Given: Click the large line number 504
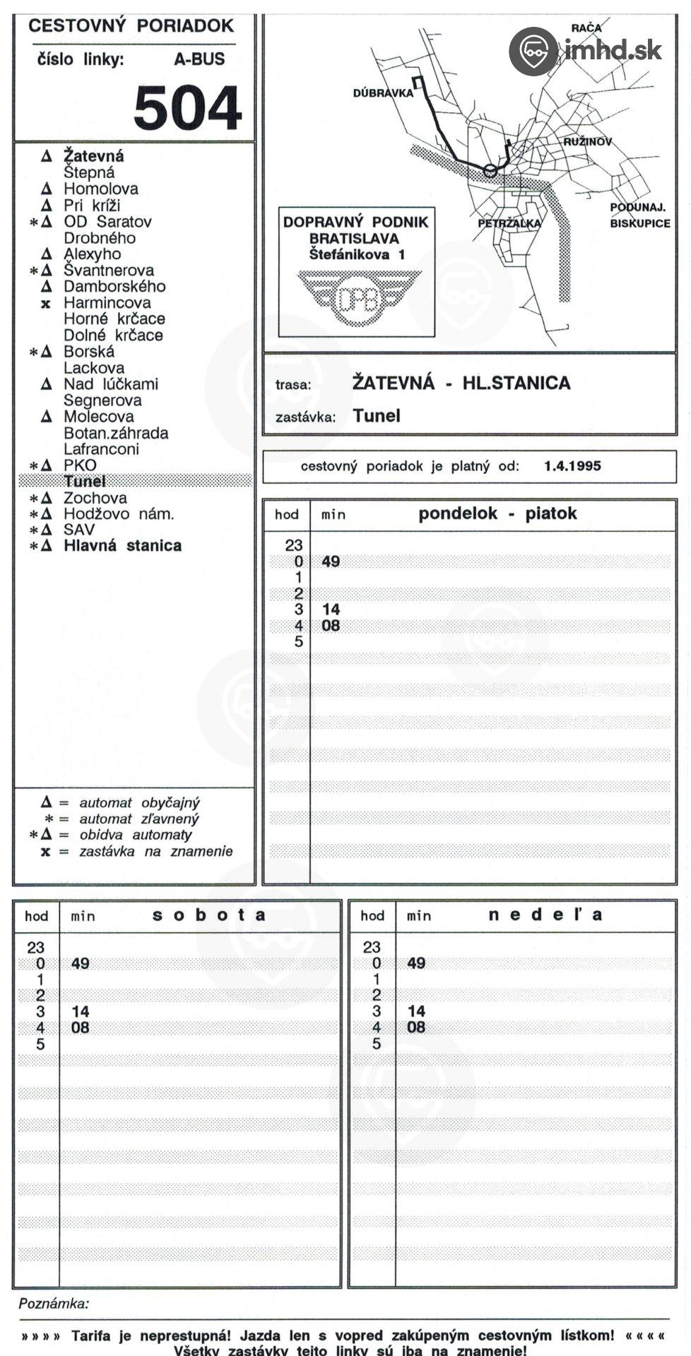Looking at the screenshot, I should pyautogui.click(x=187, y=108).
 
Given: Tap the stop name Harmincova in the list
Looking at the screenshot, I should pyautogui.click(x=107, y=303).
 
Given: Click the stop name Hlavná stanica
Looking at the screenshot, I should pyautogui.click(x=122, y=546).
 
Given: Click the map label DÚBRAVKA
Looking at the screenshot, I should pyautogui.click(x=382, y=93).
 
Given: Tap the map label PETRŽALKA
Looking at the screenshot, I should pyautogui.click(x=509, y=223).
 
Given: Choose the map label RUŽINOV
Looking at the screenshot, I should pyautogui.click(x=587, y=142).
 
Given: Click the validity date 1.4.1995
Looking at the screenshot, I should pyautogui.click(x=572, y=466).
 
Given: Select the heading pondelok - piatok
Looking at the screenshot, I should pyautogui.click(x=497, y=513).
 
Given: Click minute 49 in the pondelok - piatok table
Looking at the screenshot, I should pyautogui.click(x=331, y=562).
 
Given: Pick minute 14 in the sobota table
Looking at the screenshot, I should pyautogui.click(x=81, y=1012).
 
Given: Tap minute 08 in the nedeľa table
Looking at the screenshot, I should pyautogui.click(x=416, y=1028).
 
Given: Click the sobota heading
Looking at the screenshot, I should pyautogui.click(x=209, y=915).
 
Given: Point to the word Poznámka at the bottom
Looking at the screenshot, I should pyautogui.click(x=54, y=1304).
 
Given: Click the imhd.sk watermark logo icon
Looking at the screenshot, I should pyautogui.click(x=533, y=51).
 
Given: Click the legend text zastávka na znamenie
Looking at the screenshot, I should pyautogui.click(x=155, y=852).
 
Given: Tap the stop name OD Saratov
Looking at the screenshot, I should pyautogui.click(x=107, y=222).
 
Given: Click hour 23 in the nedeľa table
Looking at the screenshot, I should pyautogui.click(x=371, y=947).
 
